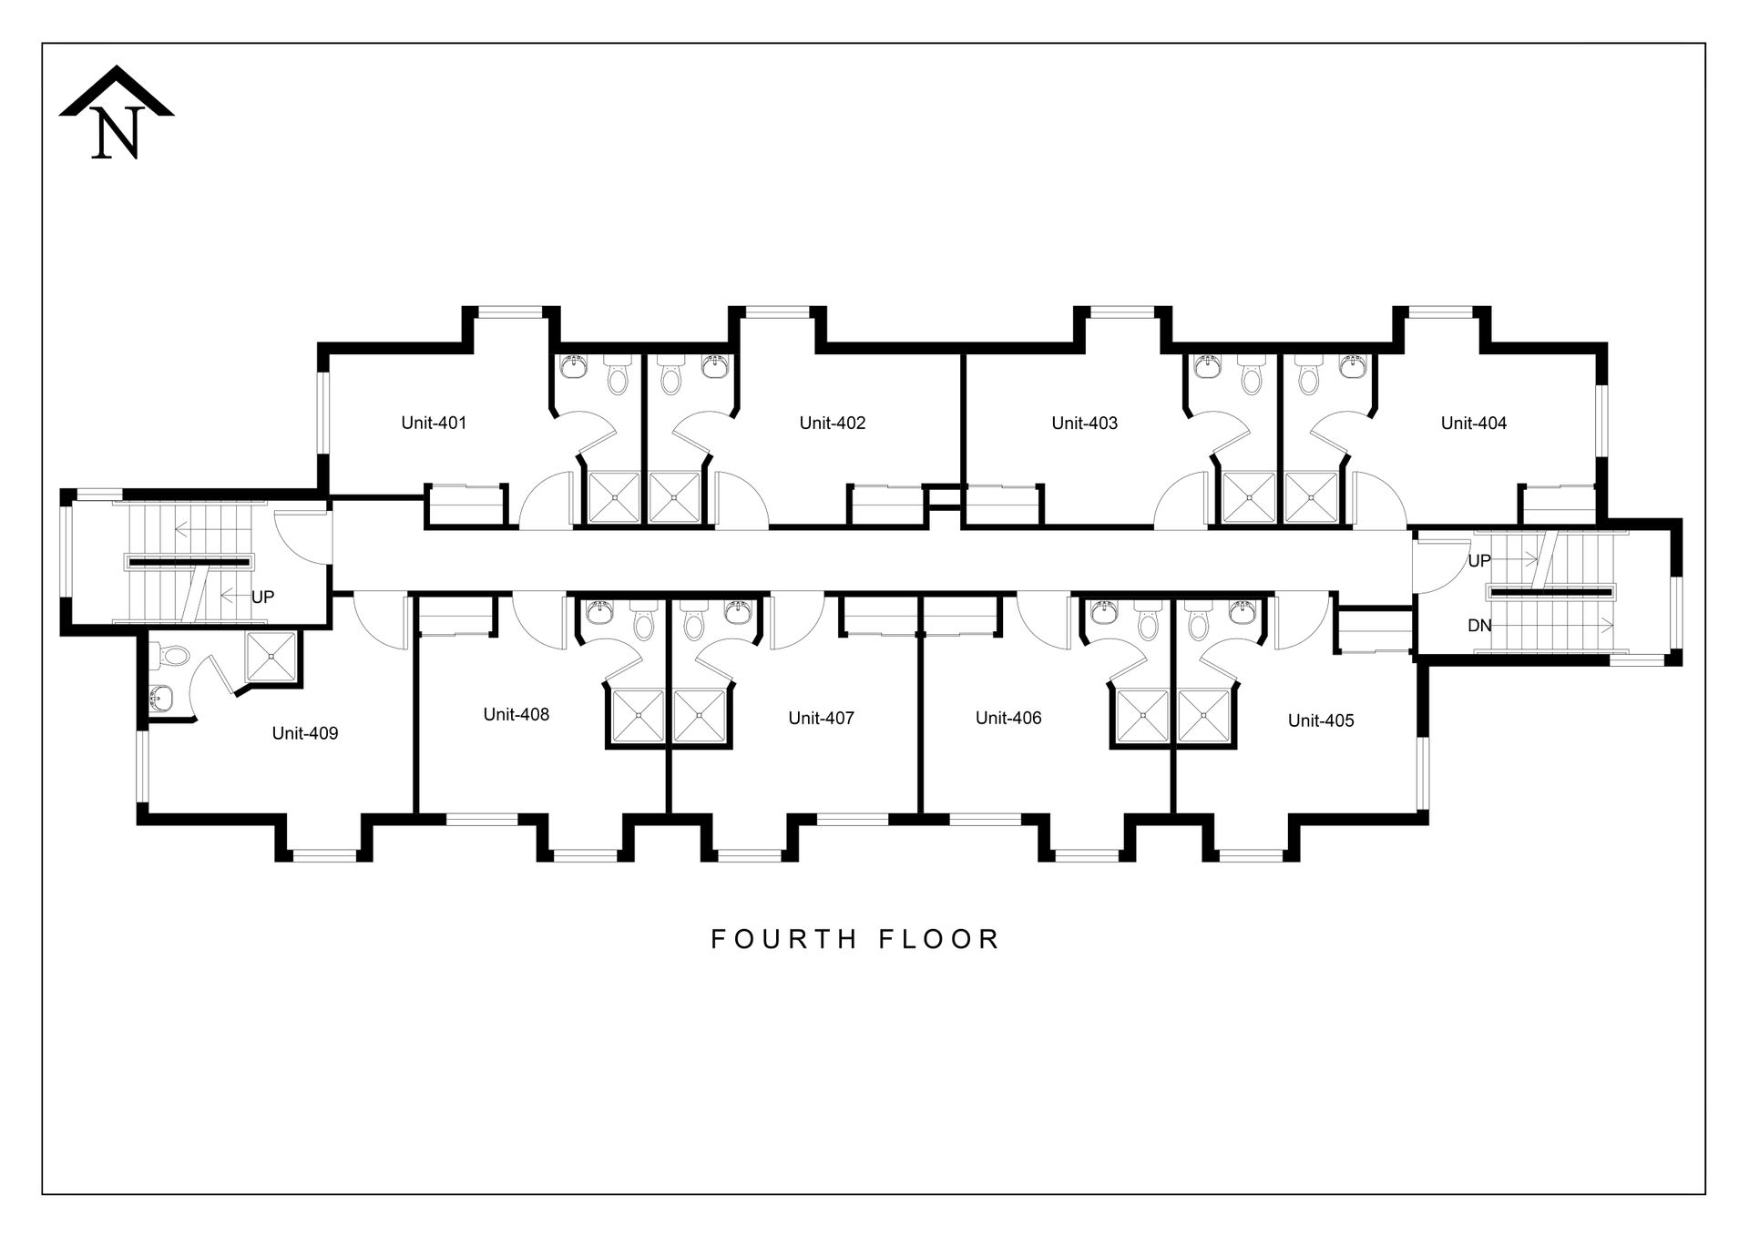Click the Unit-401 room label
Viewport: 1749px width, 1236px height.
(434, 423)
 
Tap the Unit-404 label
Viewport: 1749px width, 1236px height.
(1474, 423)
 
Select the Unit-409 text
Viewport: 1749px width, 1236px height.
(305, 733)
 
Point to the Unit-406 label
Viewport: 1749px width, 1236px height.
(1008, 718)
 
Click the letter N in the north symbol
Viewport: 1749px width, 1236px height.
(117, 133)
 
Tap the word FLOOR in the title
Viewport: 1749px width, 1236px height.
(940, 939)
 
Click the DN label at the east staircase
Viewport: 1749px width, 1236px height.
(1479, 626)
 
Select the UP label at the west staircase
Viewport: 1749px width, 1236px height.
(262, 598)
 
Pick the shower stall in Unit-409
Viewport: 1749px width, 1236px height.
(271, 657)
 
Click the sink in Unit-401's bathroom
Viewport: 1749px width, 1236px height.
(574, 367)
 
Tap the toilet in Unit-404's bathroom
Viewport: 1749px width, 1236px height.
(1308, 375)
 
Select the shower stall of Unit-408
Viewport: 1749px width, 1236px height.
(638, 716)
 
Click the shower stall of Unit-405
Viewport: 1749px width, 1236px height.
(1203, 716)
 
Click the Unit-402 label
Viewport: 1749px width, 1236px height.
(833, 423)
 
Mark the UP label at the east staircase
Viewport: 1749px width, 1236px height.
(1479, 561)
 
